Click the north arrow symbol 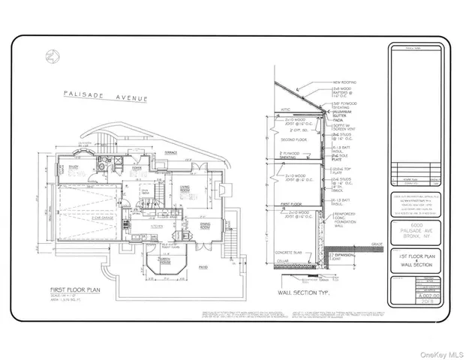pos(50,55)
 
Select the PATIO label pos(204,266)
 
